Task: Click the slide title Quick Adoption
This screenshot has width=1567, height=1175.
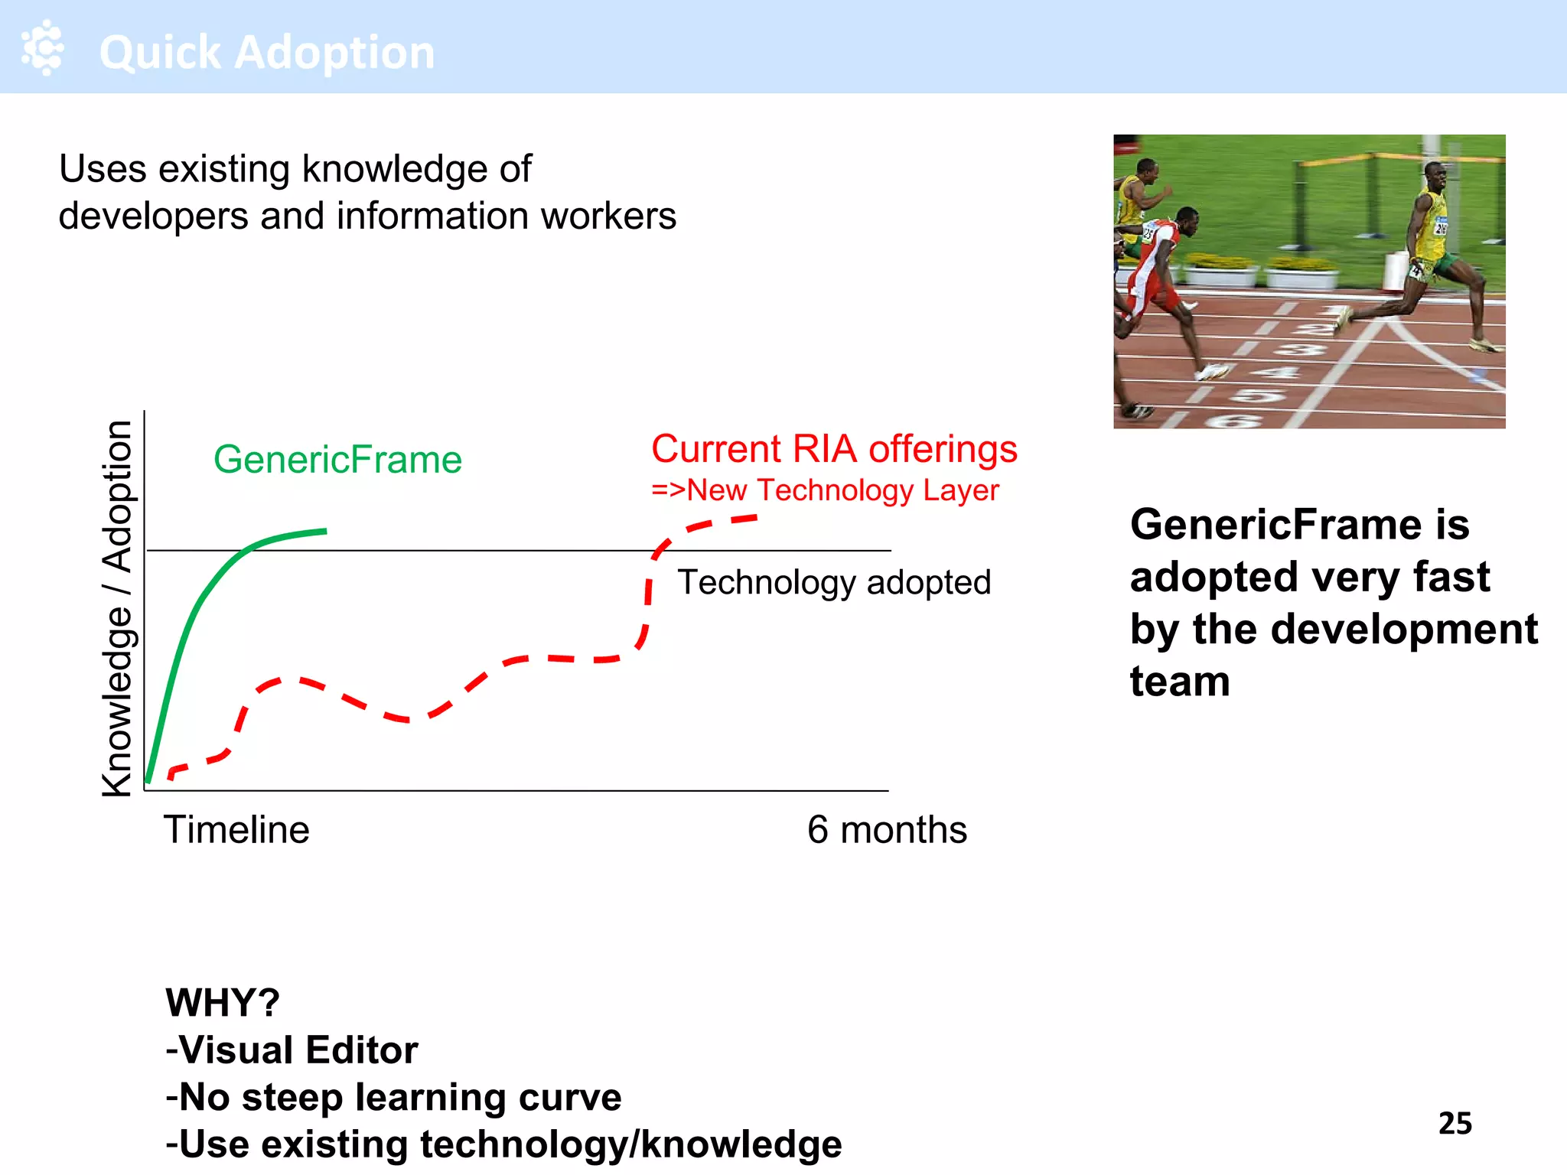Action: [267, 52]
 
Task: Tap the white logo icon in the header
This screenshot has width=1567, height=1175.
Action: [43, 47]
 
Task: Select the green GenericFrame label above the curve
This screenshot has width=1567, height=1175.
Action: [337, 460]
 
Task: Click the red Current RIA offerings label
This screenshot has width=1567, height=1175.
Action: [834, 449]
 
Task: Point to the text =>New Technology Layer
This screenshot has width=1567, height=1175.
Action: [825, 490]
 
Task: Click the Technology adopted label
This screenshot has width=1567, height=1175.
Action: [834, 582]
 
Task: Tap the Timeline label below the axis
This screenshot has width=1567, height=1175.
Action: [236, 830]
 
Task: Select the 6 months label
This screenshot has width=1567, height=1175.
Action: [887, 830]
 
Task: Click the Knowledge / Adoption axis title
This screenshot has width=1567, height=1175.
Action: [118, 608]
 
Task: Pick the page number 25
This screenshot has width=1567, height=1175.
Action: [1455, 1123]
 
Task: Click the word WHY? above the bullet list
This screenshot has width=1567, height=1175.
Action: [223, 1003]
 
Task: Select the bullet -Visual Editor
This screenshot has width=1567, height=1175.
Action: [292, 1050]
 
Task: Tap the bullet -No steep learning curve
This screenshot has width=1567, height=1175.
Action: [393, 1098]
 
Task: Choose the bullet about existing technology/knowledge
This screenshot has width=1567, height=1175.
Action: [503, 1145]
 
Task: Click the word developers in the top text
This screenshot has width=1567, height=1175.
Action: [154, 216]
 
